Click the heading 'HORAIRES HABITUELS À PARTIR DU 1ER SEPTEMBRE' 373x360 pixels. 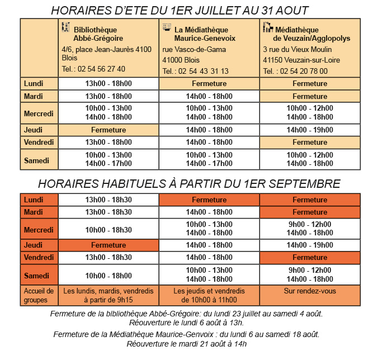(189, 183)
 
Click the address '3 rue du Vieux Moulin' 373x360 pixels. (293, 49)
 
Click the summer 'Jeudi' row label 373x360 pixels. (34, 130)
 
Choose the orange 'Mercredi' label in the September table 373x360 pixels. (39, 230)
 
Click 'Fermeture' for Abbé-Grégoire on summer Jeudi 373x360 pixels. (108, 130)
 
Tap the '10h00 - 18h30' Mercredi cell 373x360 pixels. (108, 230)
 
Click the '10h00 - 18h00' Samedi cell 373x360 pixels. (108, 276)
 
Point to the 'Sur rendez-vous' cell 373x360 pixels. (310, 291)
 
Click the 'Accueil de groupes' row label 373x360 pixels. (39, 295)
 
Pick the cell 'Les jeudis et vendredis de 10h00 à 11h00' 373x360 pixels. (209, 295)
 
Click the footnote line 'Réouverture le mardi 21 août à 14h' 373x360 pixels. (187, 344)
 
